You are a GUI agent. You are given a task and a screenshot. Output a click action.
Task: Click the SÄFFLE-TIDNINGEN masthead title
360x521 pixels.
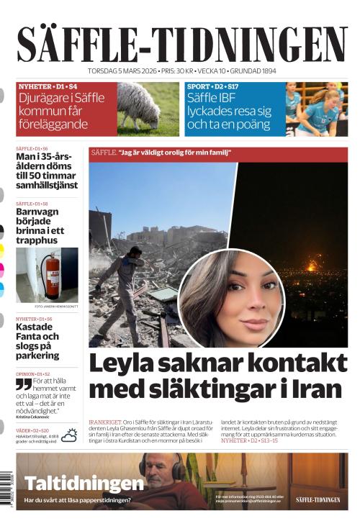click(181, 44)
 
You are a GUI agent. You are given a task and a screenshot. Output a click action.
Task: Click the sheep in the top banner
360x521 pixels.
click(138, 103)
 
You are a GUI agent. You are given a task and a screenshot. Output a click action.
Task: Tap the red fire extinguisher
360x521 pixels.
click(50, 273)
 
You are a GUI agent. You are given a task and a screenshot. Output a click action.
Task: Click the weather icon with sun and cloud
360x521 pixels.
click(70, 435)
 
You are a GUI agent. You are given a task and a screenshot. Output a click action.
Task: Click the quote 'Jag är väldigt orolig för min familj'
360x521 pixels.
click(179, 153)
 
